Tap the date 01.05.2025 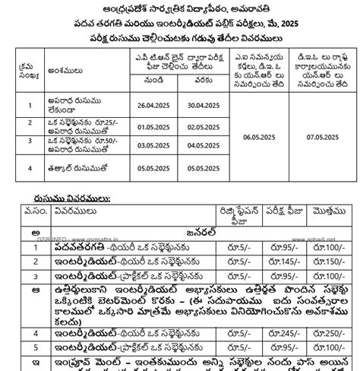click(x=146, y=125)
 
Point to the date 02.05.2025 click(x=199, y=125)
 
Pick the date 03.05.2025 click(x=146, y=141)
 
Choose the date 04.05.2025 click(x=199, y=141)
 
